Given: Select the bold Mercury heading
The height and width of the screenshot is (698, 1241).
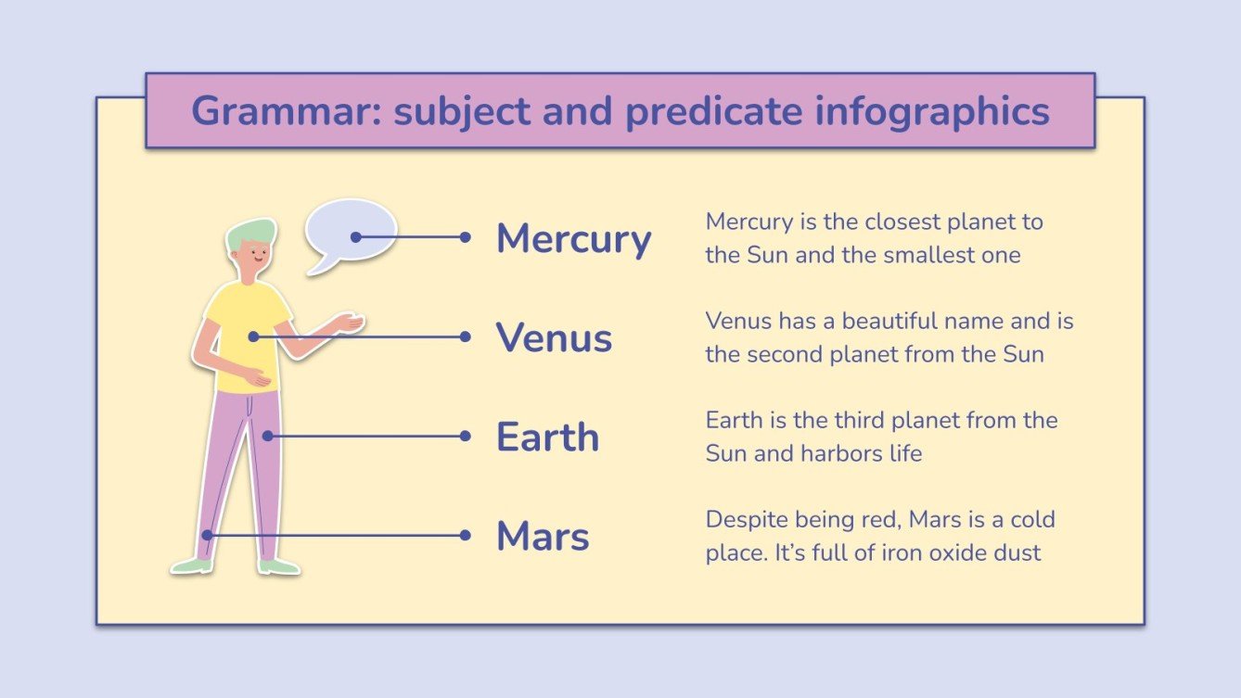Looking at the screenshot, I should (573, 239).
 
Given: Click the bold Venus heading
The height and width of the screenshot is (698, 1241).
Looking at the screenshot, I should (554, 337).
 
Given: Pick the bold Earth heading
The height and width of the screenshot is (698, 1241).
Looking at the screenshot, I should (547, 437).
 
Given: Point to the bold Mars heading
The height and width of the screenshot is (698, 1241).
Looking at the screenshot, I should (543, 536).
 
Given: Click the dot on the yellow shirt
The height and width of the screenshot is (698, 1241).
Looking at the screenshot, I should (253, 336).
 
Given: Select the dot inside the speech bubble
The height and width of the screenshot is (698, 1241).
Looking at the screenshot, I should (355, 237).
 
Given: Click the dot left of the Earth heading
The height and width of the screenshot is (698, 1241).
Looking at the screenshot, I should (466, 436).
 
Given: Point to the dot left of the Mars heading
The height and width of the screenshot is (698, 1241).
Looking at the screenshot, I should (466, 535).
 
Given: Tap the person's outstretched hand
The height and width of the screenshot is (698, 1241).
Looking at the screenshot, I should (348, 323).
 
